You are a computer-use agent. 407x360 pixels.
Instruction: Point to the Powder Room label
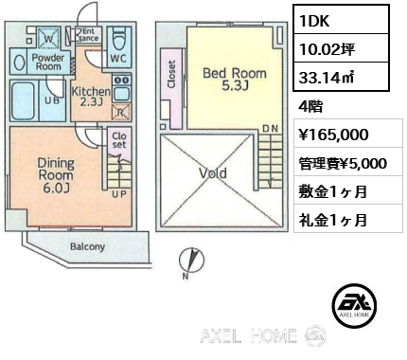[x=48, y=62]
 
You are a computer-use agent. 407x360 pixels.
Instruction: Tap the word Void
[x=214, y=174]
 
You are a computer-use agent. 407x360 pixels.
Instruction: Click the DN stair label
[x=269, y=128]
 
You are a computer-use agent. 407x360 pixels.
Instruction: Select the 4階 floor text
[x=310, y=108]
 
